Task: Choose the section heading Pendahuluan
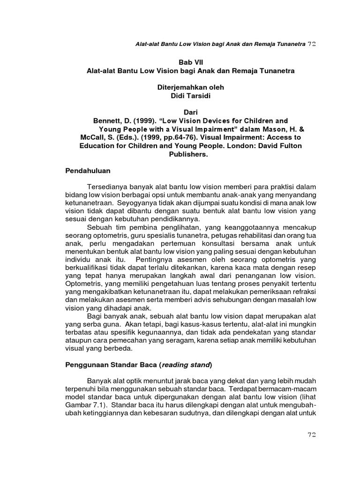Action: pos(88,172)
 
